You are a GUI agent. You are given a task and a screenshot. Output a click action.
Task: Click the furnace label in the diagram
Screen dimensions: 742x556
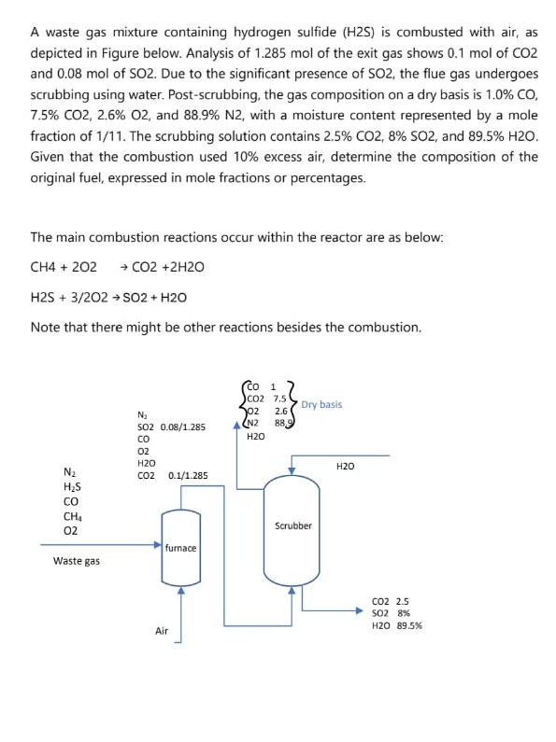tap(180, 548)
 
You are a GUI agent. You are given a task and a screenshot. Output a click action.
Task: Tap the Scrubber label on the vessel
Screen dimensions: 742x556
tap(293, 525)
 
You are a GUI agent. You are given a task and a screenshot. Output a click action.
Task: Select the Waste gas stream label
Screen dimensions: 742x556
tap(77, 561)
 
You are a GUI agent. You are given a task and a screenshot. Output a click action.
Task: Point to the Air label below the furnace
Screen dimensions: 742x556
tap(162, 632)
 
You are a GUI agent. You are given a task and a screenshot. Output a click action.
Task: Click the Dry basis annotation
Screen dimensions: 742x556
tap(321, 404)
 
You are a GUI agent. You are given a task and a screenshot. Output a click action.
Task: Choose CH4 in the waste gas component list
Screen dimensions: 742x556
tap(70, 515)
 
